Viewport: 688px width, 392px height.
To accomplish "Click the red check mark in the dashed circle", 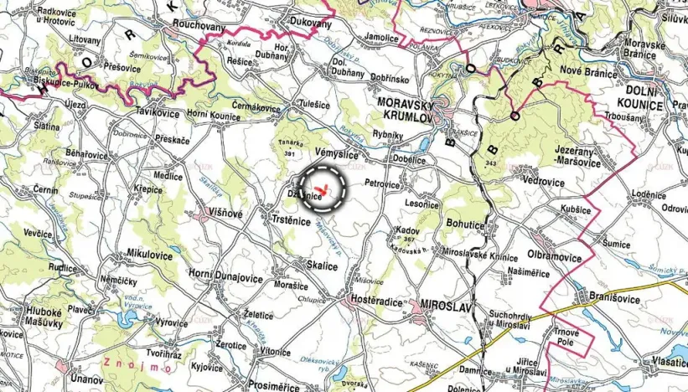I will click(323, 186).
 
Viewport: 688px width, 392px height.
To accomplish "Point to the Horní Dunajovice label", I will click(225, 277).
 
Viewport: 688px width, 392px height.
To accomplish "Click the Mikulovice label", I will click(149, 253).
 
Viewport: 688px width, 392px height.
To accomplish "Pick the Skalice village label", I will click(322, 266).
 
